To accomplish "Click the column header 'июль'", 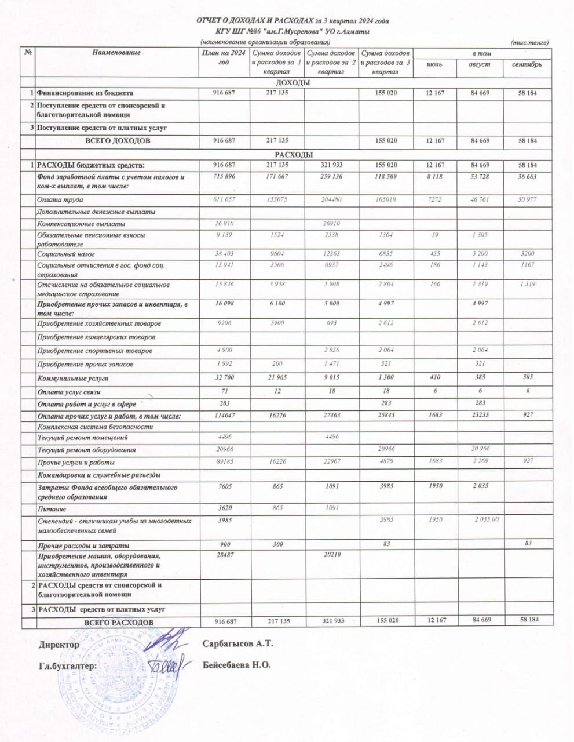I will coord(434,64).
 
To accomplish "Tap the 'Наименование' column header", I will coord(116,53).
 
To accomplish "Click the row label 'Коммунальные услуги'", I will coord(73,379).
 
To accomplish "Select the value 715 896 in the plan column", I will coord(223,176).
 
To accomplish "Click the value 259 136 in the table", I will coord(330,176).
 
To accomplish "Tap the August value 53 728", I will coord(481,176).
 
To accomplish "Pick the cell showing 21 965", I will coord(276,377).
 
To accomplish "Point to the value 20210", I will coord(331,554).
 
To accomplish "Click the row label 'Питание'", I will coord(51,508).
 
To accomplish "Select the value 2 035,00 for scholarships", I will coord(487,519).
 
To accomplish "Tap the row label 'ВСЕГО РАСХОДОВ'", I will coord(119,623).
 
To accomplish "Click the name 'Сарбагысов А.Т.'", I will coord(237,643).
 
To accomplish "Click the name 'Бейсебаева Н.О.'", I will coord(237,665).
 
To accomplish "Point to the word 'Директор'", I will coord(59,645).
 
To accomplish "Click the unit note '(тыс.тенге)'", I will coord(529,43).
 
